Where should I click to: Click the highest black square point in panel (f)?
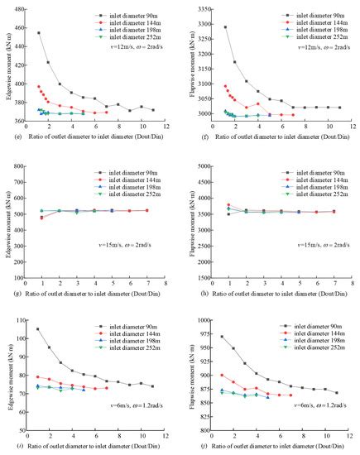(225, 27)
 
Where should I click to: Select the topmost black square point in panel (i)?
(38, 329)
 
